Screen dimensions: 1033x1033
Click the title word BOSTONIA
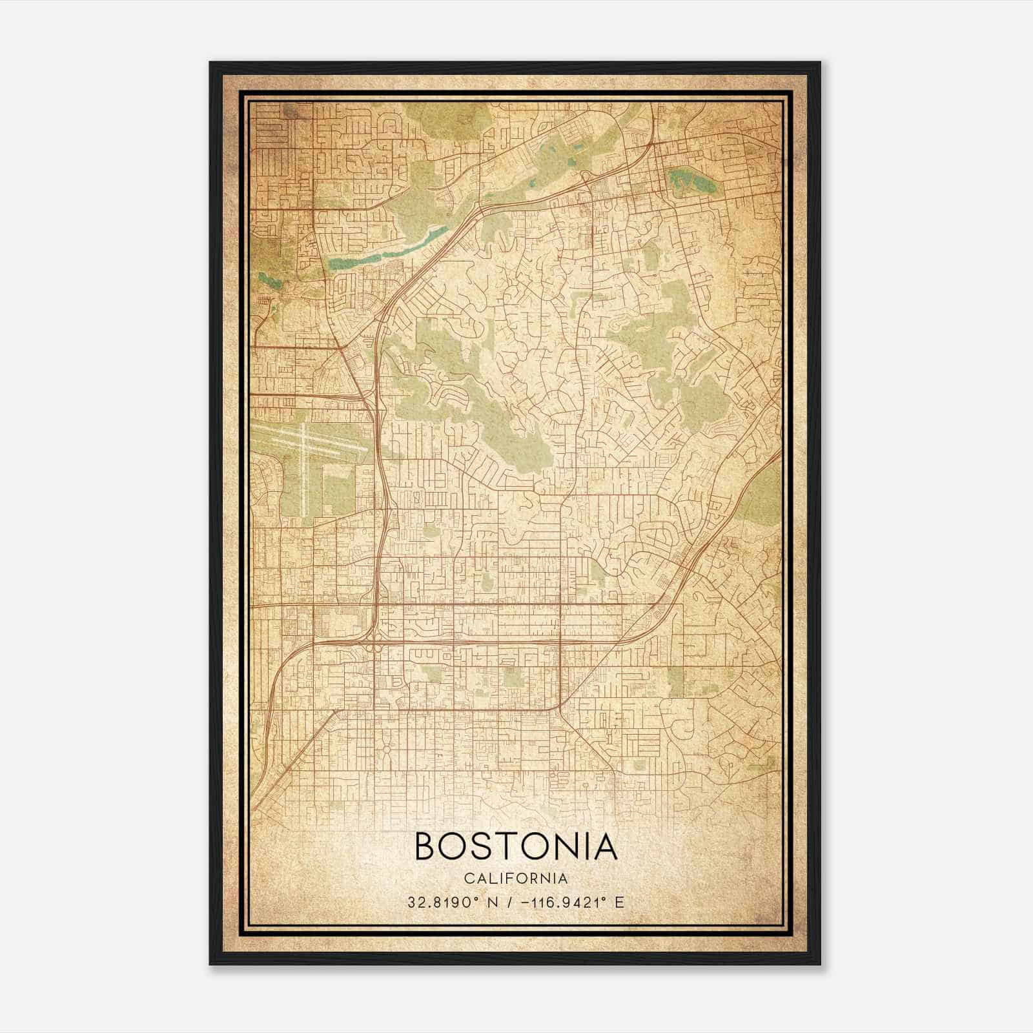point(516,846)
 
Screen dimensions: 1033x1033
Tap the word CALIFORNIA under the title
point(516,878)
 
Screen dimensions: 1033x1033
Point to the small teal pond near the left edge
point(266,280)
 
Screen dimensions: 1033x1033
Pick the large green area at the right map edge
point(762,497)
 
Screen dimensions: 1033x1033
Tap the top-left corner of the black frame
point(211,63)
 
